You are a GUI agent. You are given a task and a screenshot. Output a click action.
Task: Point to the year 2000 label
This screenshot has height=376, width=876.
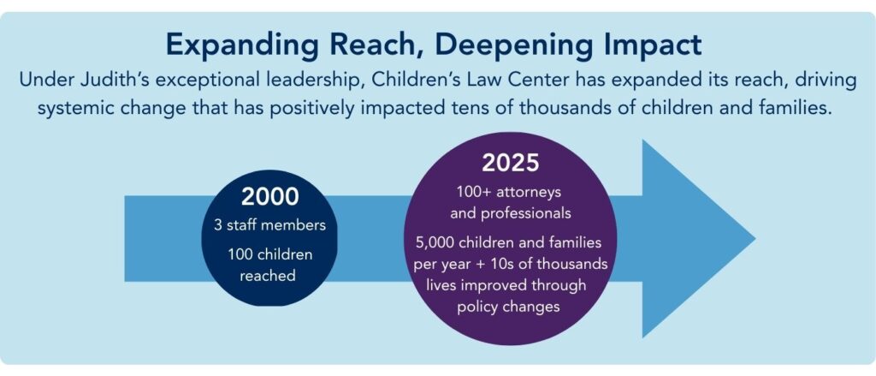(x=269, y=196)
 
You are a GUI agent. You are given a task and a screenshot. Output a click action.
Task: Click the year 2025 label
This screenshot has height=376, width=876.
(x=511, y=163)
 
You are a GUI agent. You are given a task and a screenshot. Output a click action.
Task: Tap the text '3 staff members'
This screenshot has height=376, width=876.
(x=269, y=226)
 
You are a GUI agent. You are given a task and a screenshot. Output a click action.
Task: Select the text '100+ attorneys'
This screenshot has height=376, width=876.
(x=509, y=193)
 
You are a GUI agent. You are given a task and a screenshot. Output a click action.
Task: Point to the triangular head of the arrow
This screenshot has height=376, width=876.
(x=698, y=239)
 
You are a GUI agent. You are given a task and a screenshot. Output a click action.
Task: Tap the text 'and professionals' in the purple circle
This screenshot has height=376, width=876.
(x=511, y=213)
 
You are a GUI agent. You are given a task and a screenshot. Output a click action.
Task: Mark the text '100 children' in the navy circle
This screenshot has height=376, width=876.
(x=269, y=255)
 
